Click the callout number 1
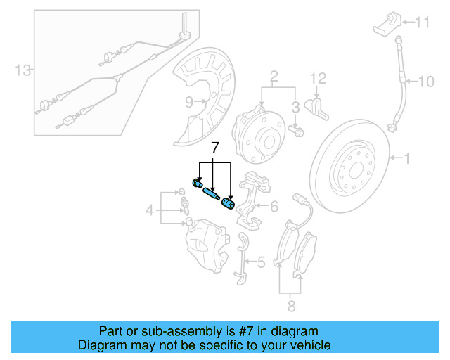pyautogui.click(x=406, y=160)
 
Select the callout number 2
pyautogui.click(x=274, y=76)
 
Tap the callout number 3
pyautogui.click(x=296, y=106)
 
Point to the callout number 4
pyautogui.click(x=150, y=210)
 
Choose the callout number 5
pyautogui.click(x=261, y=263)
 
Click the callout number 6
pyautogui.click(x=274, y=206)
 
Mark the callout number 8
pyautogui.click(x=291, y=307)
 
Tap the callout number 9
pyautogui.click(x=189, y=102)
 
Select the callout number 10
pyautogui.click(x=427, y=82)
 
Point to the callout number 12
pyautogui.click(x=318, y=77)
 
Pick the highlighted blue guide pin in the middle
pyautogui.click(x=211, y=194)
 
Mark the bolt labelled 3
pyautogui.click(x=296, y=130)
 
